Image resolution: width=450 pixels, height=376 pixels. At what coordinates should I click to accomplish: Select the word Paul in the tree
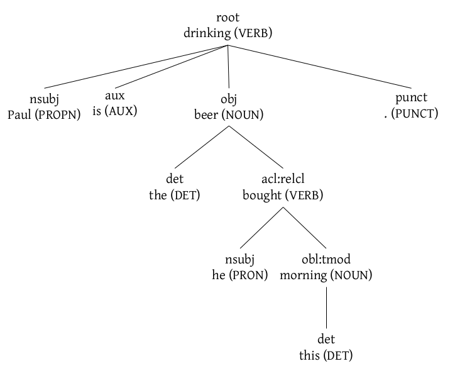pos(19,114)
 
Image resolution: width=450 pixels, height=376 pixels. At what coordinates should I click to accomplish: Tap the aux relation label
pos(115,96)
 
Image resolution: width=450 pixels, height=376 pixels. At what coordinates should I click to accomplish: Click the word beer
pos(207,114)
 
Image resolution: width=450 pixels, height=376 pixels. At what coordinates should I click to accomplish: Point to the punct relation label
pos(411,97)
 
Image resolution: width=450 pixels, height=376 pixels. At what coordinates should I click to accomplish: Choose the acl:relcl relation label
pos(283,179)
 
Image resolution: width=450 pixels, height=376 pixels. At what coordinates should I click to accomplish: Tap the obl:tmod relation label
pos(326,259)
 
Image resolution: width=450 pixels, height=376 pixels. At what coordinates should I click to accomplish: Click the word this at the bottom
pos(310,356)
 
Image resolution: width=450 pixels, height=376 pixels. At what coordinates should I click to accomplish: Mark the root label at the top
pos(228,18)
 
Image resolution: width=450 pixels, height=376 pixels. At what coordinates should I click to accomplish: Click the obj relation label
pos(228,98)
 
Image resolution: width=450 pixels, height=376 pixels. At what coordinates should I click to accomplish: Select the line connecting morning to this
pos(326,308)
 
